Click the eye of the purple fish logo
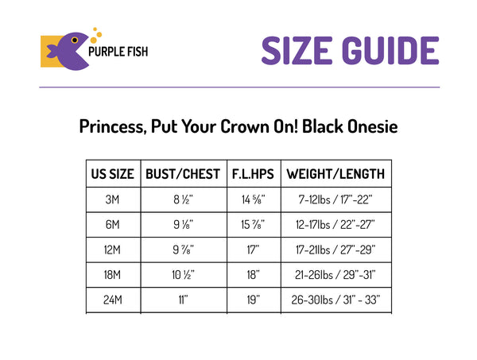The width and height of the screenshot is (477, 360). coord(75,41)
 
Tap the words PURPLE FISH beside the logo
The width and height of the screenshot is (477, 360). coord(118,52)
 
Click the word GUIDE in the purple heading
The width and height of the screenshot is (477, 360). coord(390,51)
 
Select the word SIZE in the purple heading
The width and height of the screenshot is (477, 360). coord(297,51)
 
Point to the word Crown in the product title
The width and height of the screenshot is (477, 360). coord(245,126)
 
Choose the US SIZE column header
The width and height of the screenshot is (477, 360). coord(113,174)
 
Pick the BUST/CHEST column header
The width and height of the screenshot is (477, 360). coord(183,174)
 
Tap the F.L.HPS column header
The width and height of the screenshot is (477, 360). coord(253,174)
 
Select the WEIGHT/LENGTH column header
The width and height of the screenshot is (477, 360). coord(335,174)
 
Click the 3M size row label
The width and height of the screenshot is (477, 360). coord(112,199)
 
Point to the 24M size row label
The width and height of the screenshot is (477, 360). coord(113,300)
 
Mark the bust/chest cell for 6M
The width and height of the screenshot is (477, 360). coord(183,225)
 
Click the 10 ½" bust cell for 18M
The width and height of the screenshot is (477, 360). coord(183,275)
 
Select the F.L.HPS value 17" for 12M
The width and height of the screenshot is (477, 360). coord(253,250)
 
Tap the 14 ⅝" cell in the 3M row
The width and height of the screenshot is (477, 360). coord(253,199)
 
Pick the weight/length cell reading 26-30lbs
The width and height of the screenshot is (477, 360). coord(335,300)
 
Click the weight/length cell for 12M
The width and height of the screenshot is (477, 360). coord(335,250)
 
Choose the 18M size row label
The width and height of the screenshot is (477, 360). coord(112,275)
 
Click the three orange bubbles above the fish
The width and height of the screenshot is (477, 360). coord(96,35)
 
